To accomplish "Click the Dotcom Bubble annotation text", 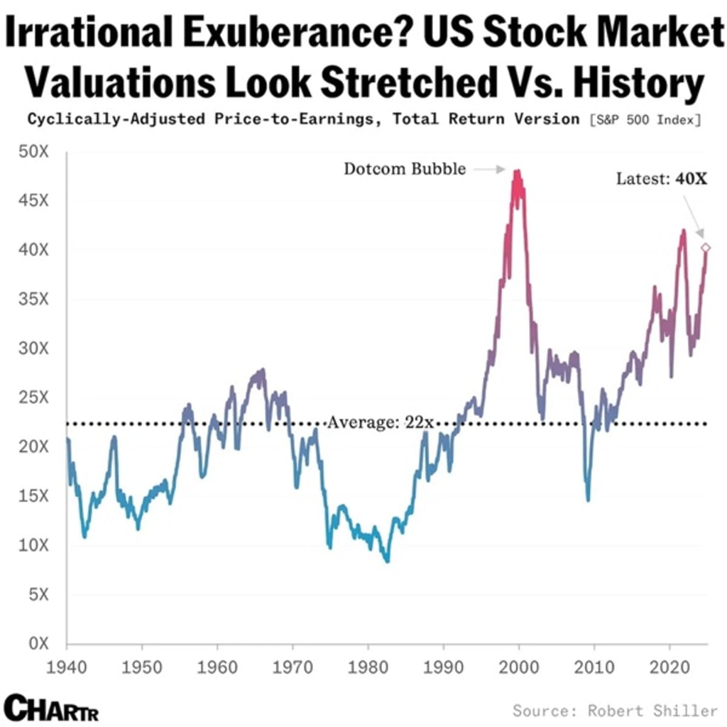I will pos(405,169).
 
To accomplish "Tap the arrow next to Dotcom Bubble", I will pos(488,170).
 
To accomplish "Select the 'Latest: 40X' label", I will pos(662,178).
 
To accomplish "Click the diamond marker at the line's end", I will pos(705,248).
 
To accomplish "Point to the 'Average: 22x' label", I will pos(380,423).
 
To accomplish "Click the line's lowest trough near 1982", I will pos(387,561).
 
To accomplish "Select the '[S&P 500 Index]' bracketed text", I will pos(645,120).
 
